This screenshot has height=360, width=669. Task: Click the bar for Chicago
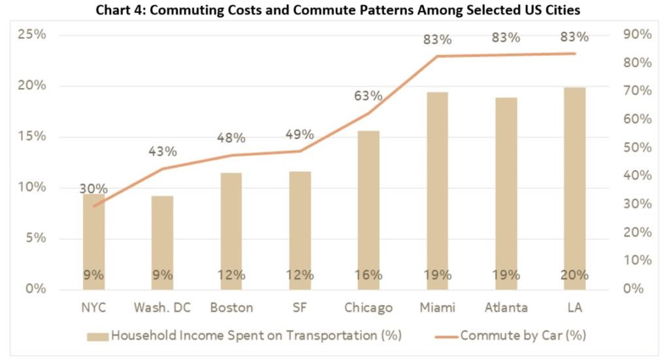tap(368, 209)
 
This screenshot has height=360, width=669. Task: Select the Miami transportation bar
tap(437, 189)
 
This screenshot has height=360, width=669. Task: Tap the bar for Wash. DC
tap(163, 242)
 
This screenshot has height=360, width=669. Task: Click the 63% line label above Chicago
tap(368, 96)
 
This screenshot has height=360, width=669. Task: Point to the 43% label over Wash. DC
tap(163, 152)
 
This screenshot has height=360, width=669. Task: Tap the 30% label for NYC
tap(93, 189)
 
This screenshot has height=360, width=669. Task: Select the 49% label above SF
tap(300, 135)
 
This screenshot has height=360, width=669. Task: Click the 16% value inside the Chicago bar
tap(368, 275)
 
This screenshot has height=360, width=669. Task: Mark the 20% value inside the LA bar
tap(575, 275)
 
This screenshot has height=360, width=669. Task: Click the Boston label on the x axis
tap(231, 308)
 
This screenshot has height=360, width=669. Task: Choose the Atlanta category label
tap(506, 308)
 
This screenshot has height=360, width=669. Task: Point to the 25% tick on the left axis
tap(31, 35)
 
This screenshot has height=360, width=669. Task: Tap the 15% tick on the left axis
tap(31, 137)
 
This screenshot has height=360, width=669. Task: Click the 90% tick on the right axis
tap(636, 35)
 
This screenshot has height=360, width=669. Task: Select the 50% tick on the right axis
tap(636, 148)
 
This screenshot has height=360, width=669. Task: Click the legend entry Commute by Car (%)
tap(523, 336)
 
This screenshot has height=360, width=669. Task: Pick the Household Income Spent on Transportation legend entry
tap(255, 336)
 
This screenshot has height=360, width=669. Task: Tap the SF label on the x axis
tap(300, 308)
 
